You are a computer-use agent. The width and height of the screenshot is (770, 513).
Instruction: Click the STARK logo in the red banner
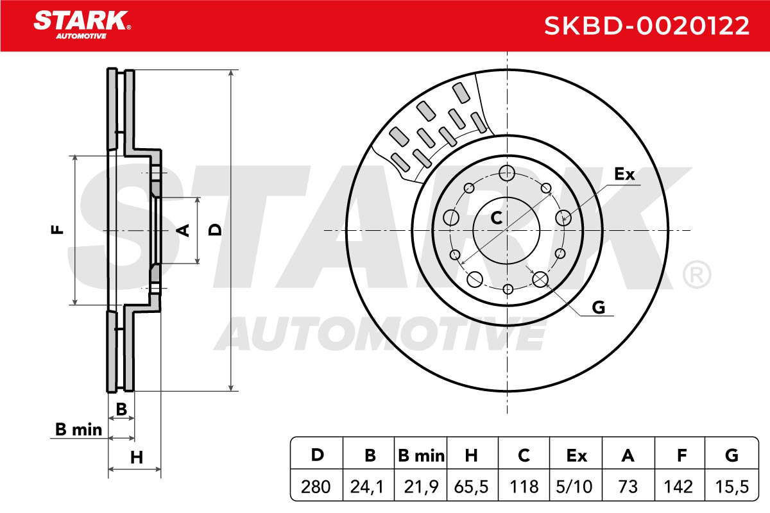(82, 24)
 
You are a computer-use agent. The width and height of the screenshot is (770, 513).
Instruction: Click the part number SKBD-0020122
(646, 26)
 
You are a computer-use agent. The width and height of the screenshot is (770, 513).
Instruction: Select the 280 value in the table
(316, 487)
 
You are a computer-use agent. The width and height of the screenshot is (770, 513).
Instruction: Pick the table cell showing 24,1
(367, 487)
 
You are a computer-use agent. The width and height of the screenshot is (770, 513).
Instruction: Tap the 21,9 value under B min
(421, 487)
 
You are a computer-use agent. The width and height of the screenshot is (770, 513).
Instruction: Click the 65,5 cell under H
(471, 487)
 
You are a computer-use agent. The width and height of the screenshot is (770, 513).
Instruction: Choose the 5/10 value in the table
(574, 487)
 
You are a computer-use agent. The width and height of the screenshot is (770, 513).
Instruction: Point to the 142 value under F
(678, 487)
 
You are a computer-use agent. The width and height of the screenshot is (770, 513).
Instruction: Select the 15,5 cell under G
(732, 487)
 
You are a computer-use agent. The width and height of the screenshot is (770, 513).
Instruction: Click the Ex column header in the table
(576, 456)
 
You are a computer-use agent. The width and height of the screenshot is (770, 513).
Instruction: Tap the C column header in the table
(524, 456)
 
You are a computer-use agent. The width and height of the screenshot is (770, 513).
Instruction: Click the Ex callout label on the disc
(624, 174)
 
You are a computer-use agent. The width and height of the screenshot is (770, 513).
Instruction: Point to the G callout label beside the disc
(599, 307)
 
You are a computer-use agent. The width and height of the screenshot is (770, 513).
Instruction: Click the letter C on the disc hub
(496, 218)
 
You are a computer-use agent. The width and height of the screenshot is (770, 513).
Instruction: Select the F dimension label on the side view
(57, 229)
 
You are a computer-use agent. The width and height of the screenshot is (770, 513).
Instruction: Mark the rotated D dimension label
(215, 230)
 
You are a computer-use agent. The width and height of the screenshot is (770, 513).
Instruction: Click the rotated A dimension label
(183, 230)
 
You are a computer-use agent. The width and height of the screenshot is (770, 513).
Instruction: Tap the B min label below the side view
(79, 430)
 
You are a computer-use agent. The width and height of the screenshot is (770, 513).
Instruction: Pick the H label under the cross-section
(137, 458)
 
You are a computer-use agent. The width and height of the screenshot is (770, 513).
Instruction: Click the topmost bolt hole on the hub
(507, 173)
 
